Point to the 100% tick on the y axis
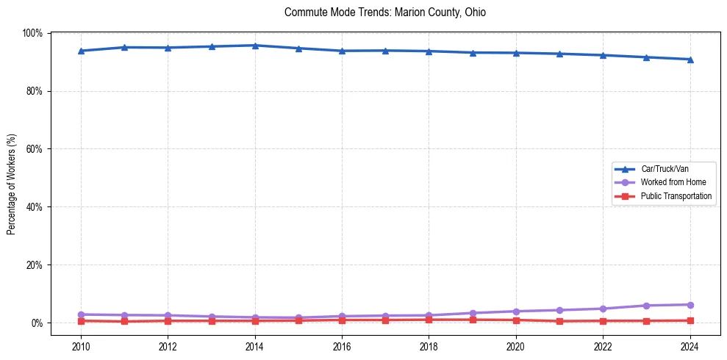tap(32, 33)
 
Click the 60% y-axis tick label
tap(34, 149)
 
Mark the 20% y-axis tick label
tap(34, 265)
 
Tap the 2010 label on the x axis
tap(81, 347)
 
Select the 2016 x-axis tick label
tap(342, 347)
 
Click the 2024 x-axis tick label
tap(690, 347)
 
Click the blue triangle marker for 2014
tap(255, 46)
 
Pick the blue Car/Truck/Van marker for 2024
tap(690, 60)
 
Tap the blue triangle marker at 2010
tap(81, 51)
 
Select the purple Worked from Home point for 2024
tap(690, 305)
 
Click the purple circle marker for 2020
tap(516, 312)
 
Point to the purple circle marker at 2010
tap(81, 314)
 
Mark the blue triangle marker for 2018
tap(429, 51)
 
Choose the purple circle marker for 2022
tap(603, 309)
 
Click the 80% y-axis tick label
tap(34, 91)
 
